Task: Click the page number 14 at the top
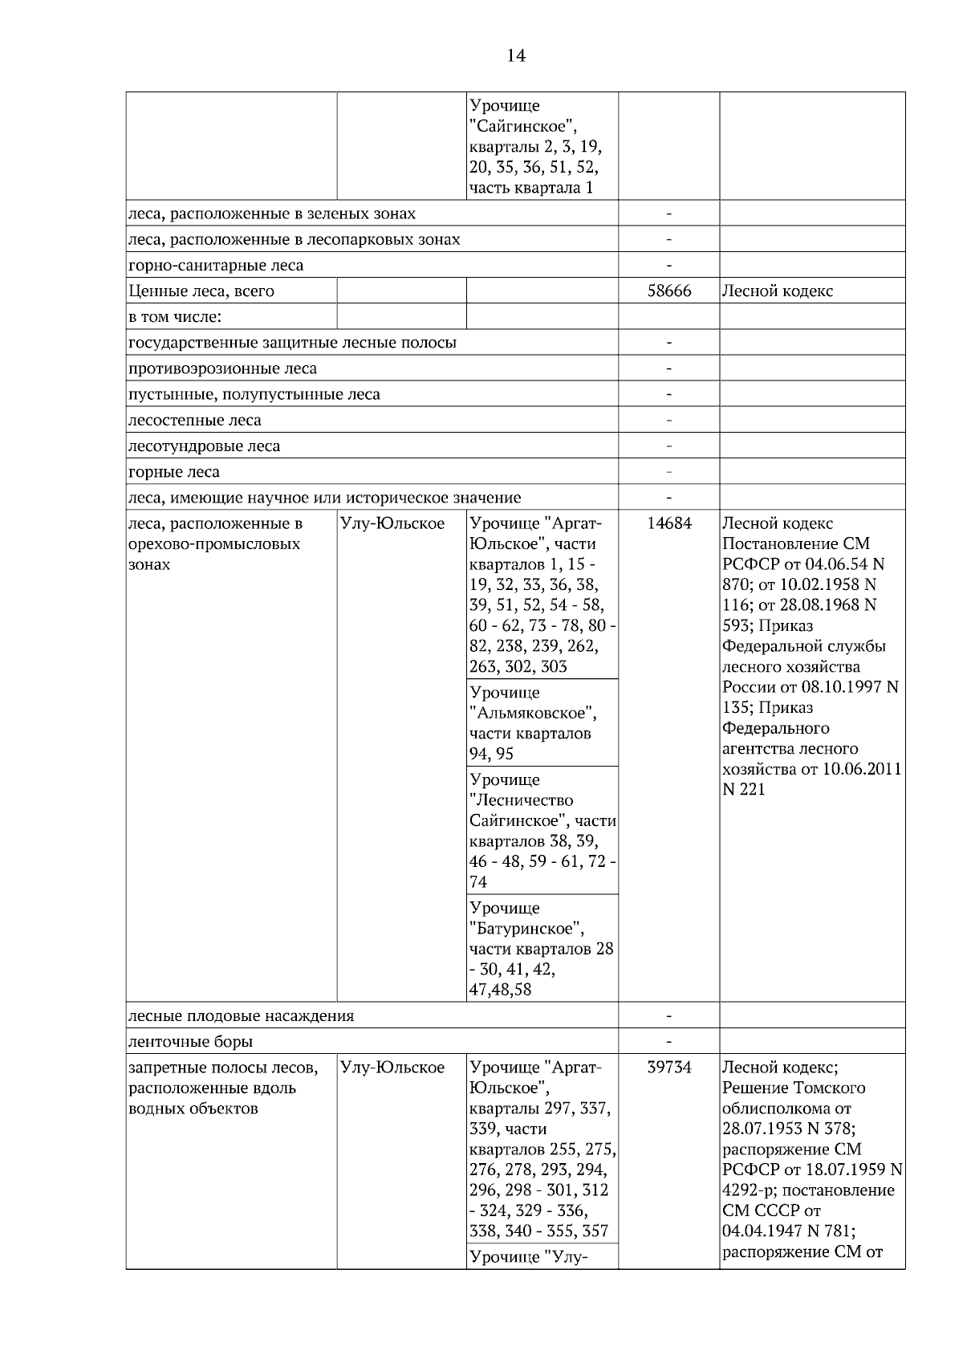pos(516,55)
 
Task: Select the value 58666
pos(668,291)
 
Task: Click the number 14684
pos(668,524)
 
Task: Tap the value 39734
pos(668,1068)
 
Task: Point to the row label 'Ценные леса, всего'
pos(201,291)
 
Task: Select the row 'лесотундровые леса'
pos(205,446)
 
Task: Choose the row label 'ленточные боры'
pos(191,1042)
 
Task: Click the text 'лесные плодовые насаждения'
pos(241,1016)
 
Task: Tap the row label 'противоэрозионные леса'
pos(222,369)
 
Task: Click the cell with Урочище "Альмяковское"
pos(542,722)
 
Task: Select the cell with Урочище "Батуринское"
pos(542,948)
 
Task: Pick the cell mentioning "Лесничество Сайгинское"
pos(542,830)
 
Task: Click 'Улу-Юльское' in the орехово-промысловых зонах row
pos(392,524)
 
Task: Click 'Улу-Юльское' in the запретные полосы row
pos(392,1068)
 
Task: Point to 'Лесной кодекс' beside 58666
pos(778,291)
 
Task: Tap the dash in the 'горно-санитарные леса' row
pos(668,265)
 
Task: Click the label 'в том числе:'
pos(175,317)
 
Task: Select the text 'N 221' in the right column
pos(744,789)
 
